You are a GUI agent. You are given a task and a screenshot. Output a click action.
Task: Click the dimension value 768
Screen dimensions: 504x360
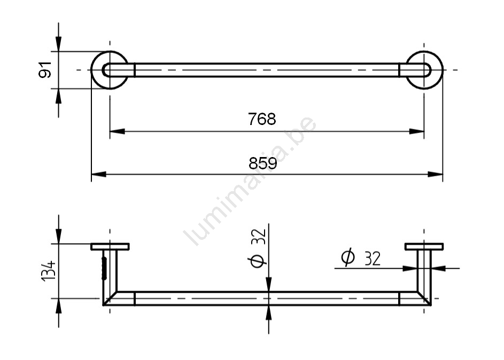[262, 119]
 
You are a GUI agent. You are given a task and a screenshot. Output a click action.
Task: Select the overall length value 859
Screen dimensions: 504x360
[262, 163]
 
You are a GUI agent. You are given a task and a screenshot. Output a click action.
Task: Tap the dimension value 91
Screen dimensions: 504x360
[45, 69]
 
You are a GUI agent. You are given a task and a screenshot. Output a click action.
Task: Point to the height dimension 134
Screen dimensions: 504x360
[49, 271]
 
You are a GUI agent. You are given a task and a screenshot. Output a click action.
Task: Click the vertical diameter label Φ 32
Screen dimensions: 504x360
[258, 248]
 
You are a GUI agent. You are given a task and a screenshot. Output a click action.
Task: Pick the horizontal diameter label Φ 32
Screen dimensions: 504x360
[361, 257]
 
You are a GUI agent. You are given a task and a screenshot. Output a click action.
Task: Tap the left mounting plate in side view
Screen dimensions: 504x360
[110, 247]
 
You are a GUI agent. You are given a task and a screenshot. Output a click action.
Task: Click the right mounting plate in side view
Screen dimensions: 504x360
[424, 247]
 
